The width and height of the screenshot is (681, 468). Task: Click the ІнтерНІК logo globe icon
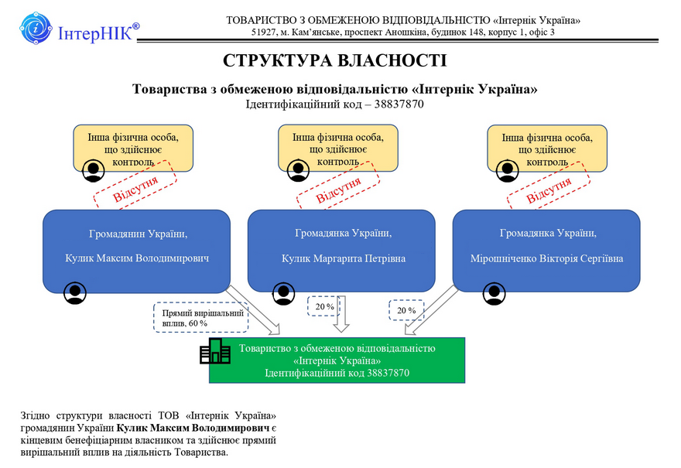point(36,30)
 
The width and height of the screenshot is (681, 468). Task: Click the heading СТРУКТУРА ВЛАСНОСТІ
point(334,60)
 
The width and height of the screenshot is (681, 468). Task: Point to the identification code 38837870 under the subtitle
point(397,104)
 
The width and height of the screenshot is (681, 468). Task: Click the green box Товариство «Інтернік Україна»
point(337,360)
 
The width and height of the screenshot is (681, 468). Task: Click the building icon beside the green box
point(215,351)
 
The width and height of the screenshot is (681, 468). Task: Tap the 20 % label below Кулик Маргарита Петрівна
point(324,307)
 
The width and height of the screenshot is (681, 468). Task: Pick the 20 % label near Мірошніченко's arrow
point(406,310)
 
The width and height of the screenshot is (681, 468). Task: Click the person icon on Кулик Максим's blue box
point(74,293)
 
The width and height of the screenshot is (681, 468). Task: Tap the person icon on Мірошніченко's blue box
point(493,293)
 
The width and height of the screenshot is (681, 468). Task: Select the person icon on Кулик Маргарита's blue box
point(284,293)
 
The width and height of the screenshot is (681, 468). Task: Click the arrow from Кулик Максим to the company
point(255,309)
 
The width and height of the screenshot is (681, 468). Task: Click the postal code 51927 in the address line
point(265,32)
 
